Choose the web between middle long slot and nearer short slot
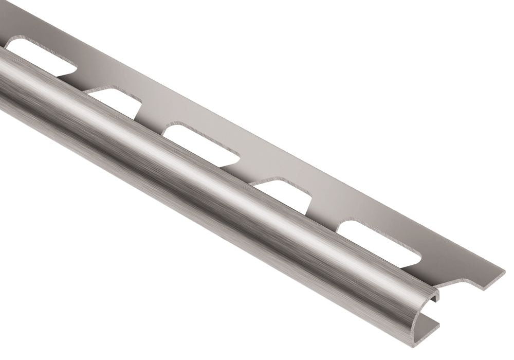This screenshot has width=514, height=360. [x=247, y=170]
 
